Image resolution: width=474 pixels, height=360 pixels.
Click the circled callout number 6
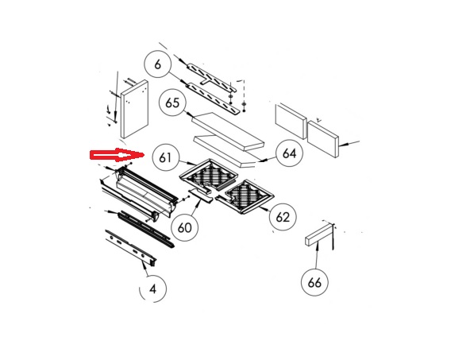point(157,64)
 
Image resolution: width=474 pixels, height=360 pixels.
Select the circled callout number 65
point(172,103)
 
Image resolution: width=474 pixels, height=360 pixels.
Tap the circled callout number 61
point(165,158)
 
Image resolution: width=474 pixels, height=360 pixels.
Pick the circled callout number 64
point(289,153)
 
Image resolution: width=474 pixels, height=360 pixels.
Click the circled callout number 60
point(184,227)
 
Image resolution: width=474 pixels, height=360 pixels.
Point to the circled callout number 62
point(283,217)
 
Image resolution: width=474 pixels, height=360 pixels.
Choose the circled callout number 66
point(314,283)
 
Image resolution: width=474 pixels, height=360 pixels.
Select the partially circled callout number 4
point(152,289)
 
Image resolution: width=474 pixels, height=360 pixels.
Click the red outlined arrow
point(117,155)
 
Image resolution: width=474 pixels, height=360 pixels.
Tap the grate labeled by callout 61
point(209,175)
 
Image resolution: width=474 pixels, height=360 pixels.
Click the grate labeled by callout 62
point(245,196)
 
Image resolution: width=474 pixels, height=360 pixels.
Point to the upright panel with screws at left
point(134,109)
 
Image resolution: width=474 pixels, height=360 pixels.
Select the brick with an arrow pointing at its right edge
point(323,139)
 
